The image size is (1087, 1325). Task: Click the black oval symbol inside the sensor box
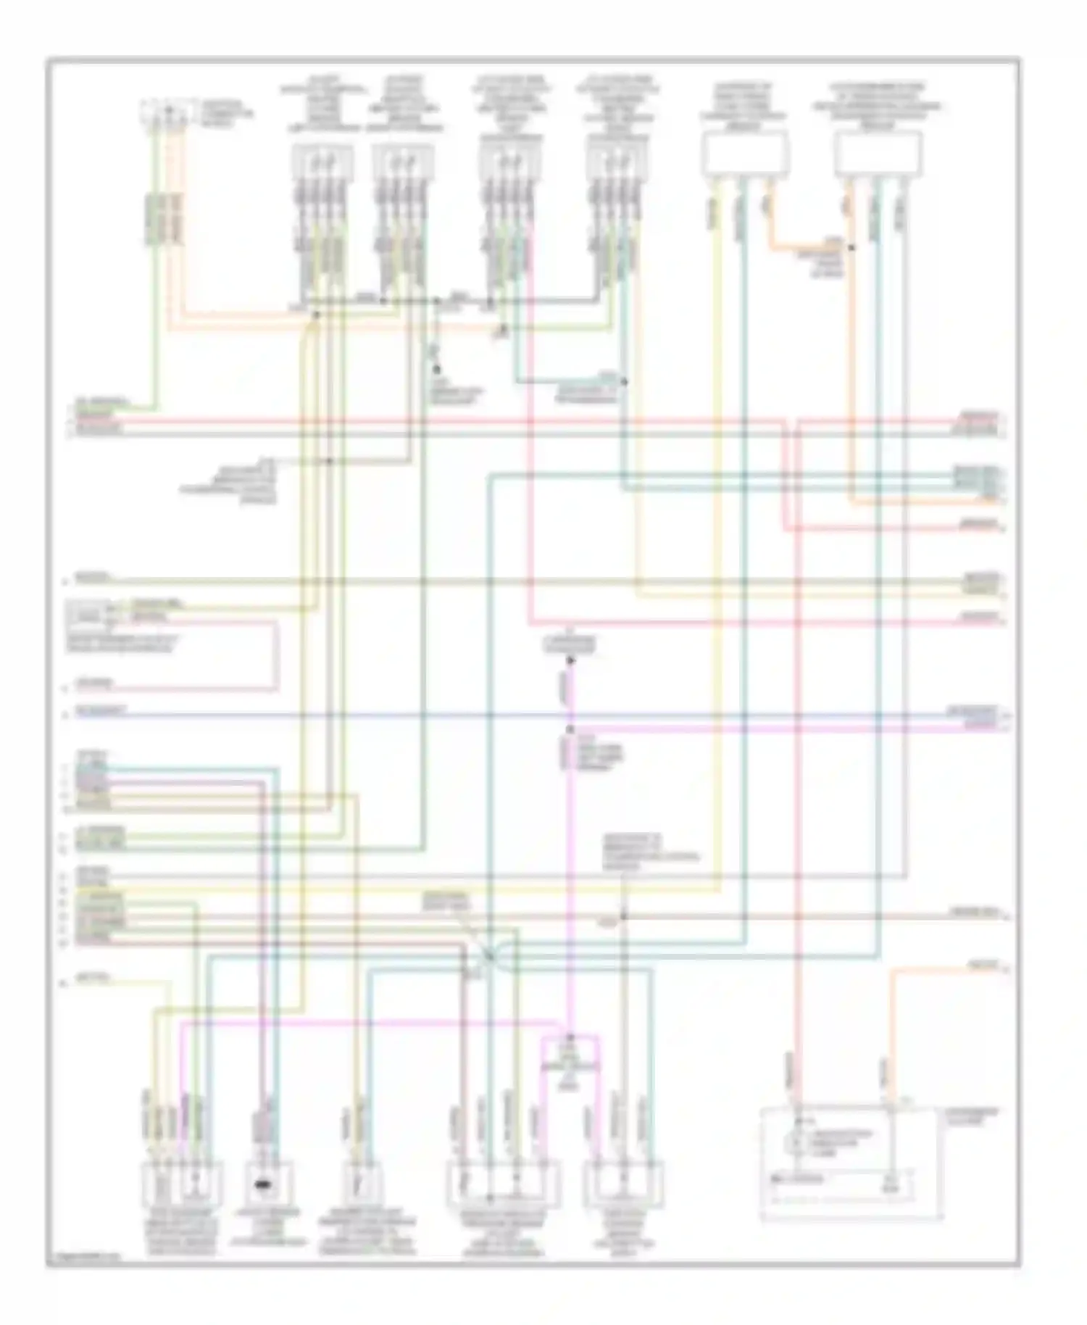[262, 1186]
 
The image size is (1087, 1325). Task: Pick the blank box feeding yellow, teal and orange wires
[744, 154]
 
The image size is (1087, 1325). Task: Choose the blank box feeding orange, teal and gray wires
[878, 154]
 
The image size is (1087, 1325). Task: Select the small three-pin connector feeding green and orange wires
[167, 114]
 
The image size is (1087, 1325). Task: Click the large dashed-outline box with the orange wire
[851, 1163]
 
